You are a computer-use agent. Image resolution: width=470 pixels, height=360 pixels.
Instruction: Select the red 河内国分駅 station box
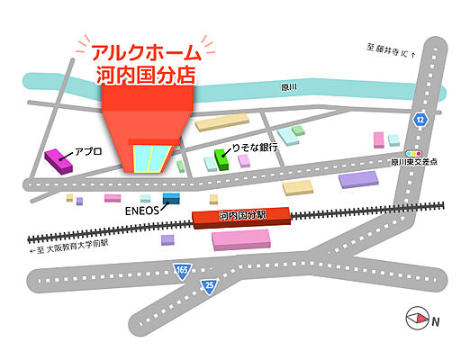pos(241,217)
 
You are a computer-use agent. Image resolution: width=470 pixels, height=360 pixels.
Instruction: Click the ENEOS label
pos(141,211)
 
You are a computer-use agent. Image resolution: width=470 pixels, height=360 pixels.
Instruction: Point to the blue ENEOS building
pos(171,199)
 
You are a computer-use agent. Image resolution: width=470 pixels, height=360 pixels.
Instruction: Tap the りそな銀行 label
pos(256,148)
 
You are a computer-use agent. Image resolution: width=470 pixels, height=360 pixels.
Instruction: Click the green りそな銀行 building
pos(221,159)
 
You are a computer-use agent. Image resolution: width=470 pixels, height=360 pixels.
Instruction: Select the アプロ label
pos(88,152)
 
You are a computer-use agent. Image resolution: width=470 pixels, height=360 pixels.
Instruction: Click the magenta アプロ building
pos(59,161)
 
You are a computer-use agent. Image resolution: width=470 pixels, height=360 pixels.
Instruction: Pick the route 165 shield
pos(183,270)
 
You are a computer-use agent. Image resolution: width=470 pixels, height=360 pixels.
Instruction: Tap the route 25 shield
pos(209,287)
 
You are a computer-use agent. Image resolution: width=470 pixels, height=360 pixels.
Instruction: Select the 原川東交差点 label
pos(414,164)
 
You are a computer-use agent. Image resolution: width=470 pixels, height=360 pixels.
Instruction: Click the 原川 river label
pos(290,86)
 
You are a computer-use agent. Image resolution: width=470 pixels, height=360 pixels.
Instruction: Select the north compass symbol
pos(419,317)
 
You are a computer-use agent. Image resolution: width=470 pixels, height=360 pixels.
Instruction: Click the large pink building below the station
pos(240,239)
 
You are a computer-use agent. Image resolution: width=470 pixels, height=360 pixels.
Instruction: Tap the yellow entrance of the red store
pos(149,158)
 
